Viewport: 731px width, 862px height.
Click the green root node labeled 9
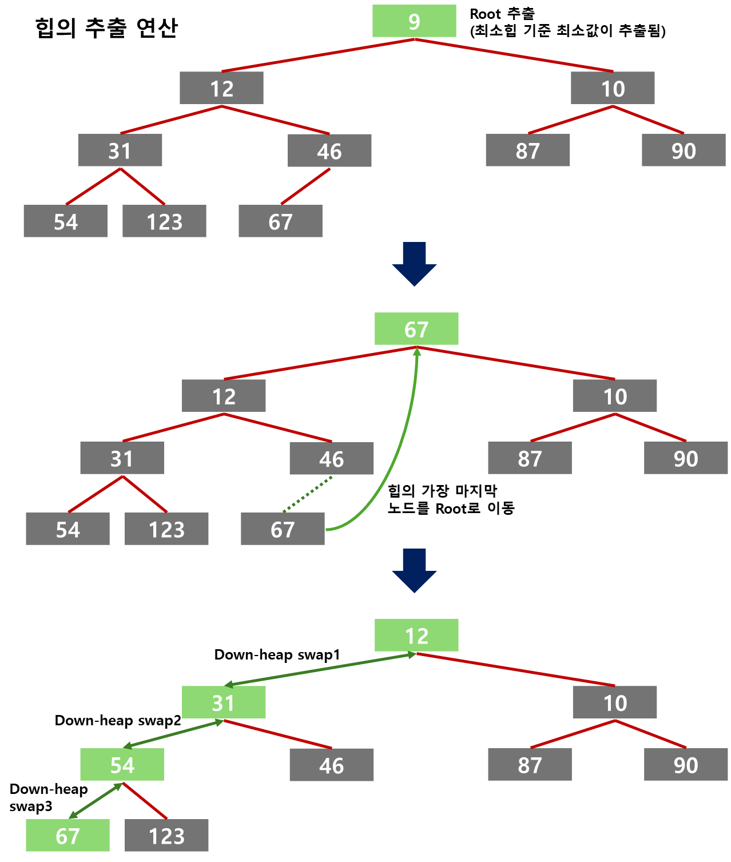point(414,22)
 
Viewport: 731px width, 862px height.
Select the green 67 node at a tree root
point(416,329)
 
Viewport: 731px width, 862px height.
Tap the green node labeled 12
point(416,636)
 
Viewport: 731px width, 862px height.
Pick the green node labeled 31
point(224,703)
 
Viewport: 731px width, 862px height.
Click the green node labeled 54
point(122,765)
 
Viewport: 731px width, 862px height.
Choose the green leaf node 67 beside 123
point(67,836)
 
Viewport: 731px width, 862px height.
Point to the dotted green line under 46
point(308,494)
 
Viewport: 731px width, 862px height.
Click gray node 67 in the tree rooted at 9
point(280,222)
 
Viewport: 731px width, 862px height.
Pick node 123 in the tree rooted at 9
point(164,222)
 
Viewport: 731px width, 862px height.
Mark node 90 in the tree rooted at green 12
point(686,765)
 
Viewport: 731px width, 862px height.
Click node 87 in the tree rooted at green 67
point(530,459)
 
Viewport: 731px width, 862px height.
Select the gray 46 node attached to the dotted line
point(332,459)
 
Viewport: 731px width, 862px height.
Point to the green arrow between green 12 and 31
point(320,670)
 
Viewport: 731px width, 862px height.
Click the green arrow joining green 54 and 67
point(96,801)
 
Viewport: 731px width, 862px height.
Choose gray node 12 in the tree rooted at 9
point(221,89)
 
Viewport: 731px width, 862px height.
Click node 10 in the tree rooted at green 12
point(615,703)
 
